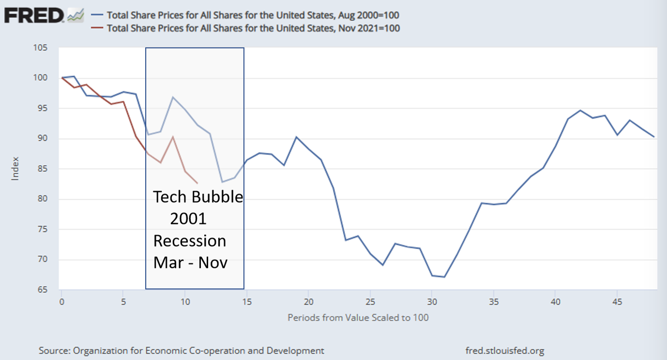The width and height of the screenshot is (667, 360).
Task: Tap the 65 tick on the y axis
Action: (43, 290)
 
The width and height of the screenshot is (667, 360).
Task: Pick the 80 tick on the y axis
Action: (43, 199)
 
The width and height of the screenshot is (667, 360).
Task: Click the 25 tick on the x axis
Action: (370, 301)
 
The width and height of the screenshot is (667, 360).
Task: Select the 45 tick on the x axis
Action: (617, 301)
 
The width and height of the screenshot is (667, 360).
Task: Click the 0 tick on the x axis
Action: (61, 301)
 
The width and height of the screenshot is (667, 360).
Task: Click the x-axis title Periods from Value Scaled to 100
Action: (358, 318)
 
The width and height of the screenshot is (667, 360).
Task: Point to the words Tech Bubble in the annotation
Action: (198, 197)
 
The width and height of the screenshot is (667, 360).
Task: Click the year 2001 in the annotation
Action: (188, 219)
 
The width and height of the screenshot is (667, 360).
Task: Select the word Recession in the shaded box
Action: (190, 241)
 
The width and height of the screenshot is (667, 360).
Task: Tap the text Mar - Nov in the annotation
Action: (190, 262)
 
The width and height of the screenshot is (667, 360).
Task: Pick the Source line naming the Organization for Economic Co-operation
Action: (182, 350)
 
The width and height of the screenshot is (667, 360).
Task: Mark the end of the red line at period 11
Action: (197, 183)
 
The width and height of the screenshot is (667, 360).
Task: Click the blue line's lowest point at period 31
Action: (444, 277)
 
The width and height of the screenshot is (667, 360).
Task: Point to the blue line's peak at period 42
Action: (580, 110)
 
